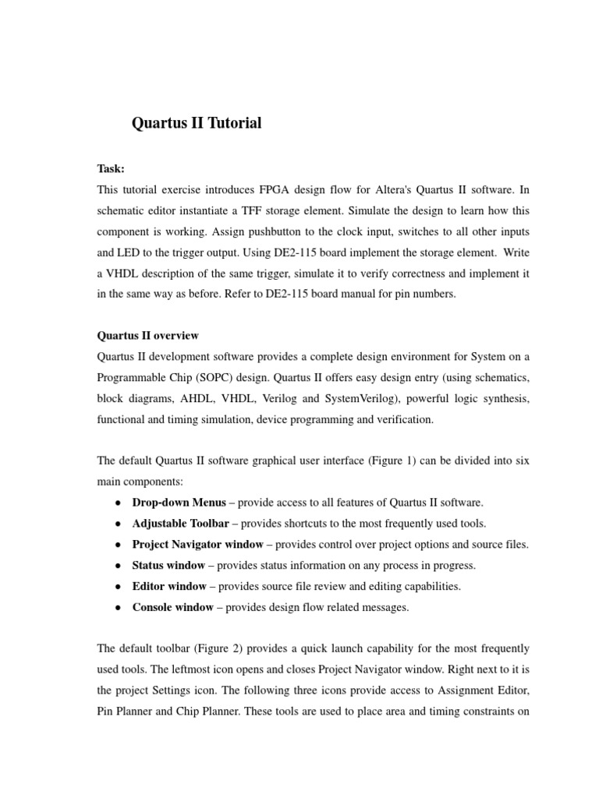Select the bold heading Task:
coord(111,168)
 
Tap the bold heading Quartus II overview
coord(147,336)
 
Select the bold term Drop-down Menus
coord(179,503)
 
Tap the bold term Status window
coord(168,566)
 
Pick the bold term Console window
coord(172,608)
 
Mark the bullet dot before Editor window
coord(116,587)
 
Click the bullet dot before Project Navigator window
coord(116,545)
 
